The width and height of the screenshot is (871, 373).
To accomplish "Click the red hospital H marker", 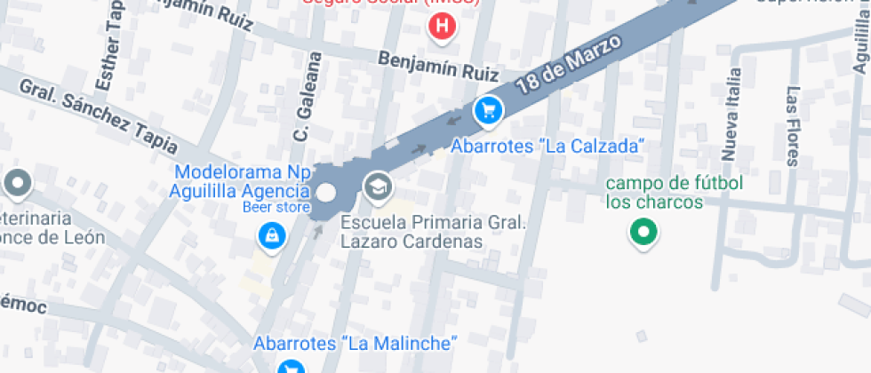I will (x=442, y=26).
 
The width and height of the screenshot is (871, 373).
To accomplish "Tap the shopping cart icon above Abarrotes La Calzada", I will (x=488, y=111).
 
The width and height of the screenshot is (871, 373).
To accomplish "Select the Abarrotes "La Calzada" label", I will (x=547, y=147).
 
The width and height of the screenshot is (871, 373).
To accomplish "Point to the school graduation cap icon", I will (x=378, y=186).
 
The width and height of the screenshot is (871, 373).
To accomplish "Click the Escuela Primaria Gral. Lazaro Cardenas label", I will (x=433, y=232).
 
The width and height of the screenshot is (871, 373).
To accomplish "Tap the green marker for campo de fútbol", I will (x=643, y=234).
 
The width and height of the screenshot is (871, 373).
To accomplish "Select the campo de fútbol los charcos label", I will (x=674, y=193).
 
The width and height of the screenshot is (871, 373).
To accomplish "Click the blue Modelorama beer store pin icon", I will (x=270, y=235).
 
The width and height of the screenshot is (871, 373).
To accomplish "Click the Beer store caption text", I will (x=276, y=208).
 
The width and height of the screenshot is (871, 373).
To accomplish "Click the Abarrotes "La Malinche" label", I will (x=355, y=343).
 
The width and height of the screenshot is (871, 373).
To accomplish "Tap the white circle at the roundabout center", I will (x=326, y=193).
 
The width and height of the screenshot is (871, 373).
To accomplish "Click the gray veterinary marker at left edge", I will (x=17, y=185).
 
